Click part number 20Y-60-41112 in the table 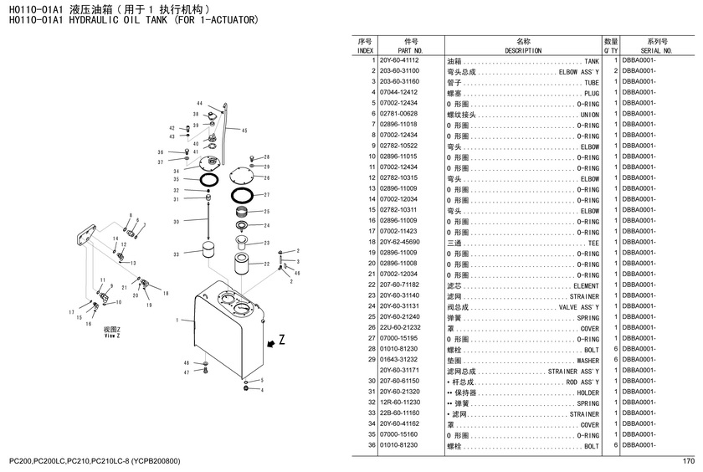[x=398, y=61]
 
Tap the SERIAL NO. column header [x=656, y=50]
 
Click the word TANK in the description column [x=592, y=62]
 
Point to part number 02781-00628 [x=398, y=114]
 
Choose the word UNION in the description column [x=589, y=115]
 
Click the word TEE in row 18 [x=593, y=243]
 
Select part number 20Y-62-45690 [x=398, y=242]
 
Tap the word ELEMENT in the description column [x=586, y=285]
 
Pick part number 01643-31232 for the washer [x=398, y=359]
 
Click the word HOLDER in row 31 [x=588, y=392]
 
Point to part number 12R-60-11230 [x=398, y=403]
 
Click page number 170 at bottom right [x=689, y=461]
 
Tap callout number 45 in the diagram [x=244, y=131]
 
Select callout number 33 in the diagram [x=176, y=254]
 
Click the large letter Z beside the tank [x=281, y=341]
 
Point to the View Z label [x=111, y=332]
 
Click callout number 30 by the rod [x=176, y=222]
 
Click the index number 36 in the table [x=369, y=445]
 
